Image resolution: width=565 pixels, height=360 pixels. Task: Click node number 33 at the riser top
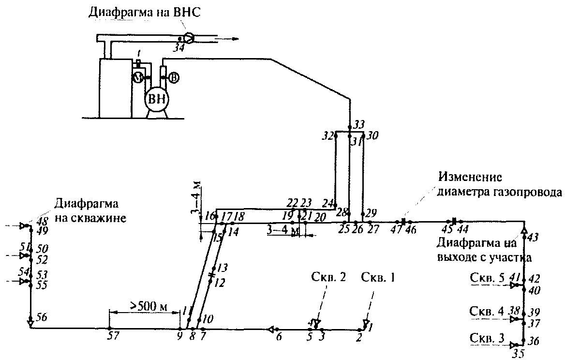click(359, 124)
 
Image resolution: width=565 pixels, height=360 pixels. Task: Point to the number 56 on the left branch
click(42, 318)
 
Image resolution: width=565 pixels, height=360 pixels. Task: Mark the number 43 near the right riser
click(533, 237)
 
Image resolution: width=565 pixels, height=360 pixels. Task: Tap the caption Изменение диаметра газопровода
click(499, 184)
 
